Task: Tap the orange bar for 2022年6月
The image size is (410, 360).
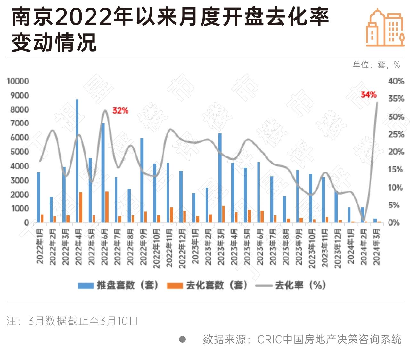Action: click(107, 207)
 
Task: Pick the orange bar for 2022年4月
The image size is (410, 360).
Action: click(81, 207)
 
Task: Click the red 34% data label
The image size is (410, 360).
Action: click(368, 94)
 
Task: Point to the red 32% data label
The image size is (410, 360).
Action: click(120, 110)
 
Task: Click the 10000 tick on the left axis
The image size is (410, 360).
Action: click(18, 81)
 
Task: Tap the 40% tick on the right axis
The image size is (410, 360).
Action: click(396, 81)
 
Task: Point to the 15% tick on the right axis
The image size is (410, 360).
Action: click(396, 169)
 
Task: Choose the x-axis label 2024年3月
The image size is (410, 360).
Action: click(377, 246)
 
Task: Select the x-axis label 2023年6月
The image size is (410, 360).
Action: click(260, 246)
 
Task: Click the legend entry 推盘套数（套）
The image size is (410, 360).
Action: click(119, 285)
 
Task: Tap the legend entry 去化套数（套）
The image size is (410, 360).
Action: click(208, 285)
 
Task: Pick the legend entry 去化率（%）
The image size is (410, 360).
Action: click(291, 285)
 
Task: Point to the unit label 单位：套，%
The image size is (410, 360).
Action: click(376, 65)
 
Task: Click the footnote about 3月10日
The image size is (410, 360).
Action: click(72, 321)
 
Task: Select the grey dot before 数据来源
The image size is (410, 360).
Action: click(182, 339)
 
